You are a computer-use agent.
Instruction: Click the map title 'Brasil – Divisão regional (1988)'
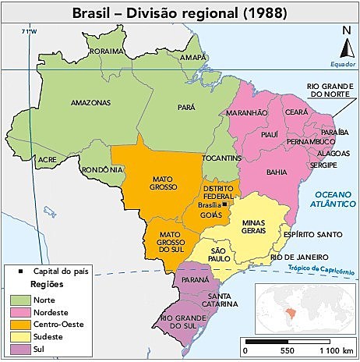point(179,12)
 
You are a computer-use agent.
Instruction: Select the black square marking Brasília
point(224,204)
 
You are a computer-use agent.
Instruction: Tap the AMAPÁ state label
point(192,58)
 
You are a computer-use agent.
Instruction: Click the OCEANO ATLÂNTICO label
point(330,199)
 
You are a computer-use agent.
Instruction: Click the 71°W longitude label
point(30,31)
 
